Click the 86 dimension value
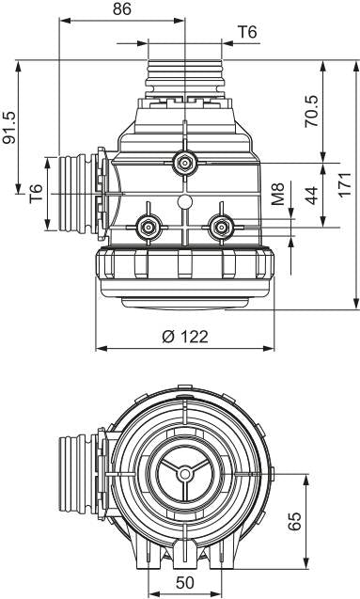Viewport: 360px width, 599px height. [x=122, y=9]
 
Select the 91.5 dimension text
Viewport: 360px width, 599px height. [x=9, y=128]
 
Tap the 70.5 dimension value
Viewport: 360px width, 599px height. [x=311, y=111]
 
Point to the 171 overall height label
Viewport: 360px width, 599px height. [x=345, y=185]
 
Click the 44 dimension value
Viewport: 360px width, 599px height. [x=311, y=196]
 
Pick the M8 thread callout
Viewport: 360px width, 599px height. [x=278, y=194]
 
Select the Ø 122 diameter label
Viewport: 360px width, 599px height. [x=185, y=337]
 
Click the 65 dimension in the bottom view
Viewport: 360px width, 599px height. [x=294, y=521]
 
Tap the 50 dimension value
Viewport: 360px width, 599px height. [x=185, y=583]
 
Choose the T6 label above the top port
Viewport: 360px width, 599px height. [x=247, y=32]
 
